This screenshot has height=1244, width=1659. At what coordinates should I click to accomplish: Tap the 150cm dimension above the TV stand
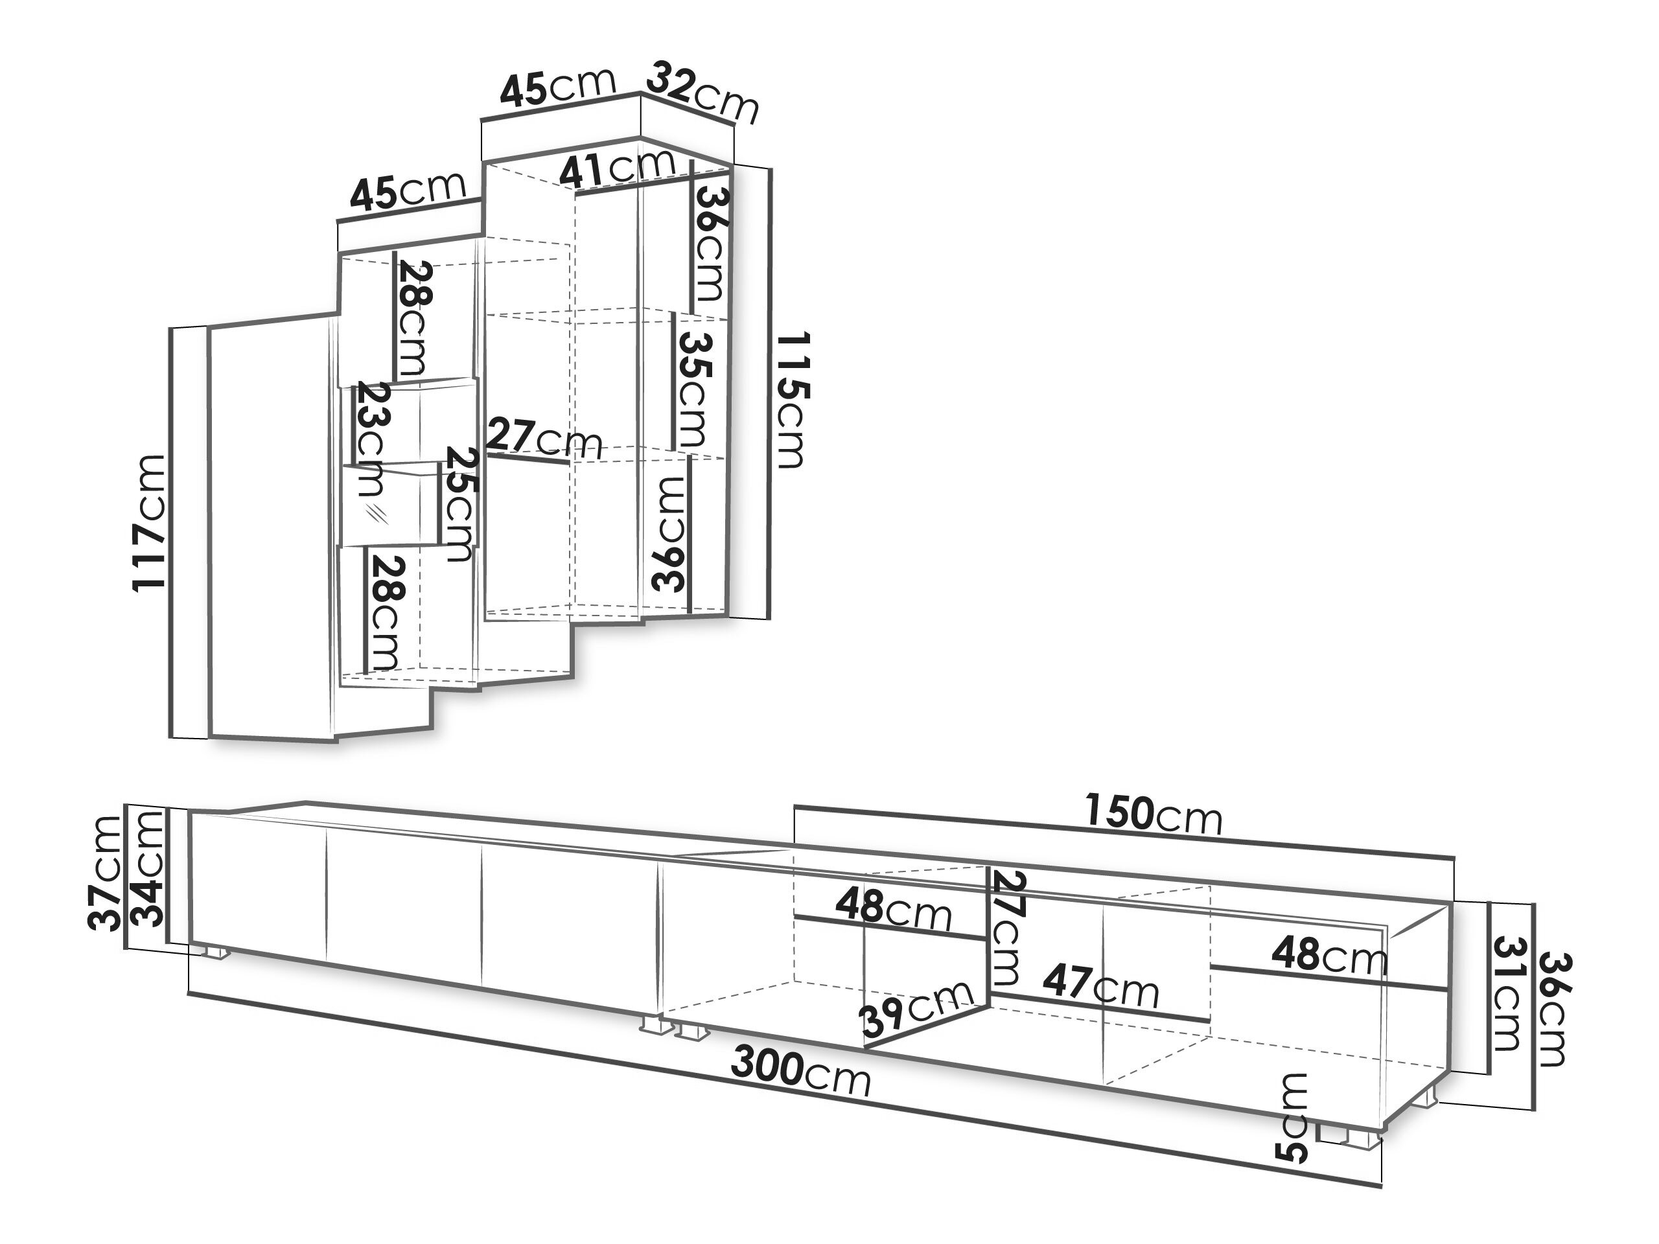point(1154,815)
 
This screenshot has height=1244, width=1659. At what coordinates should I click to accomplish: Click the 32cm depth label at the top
point(702,93)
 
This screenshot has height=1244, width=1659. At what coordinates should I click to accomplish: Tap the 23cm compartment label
point(370,438)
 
